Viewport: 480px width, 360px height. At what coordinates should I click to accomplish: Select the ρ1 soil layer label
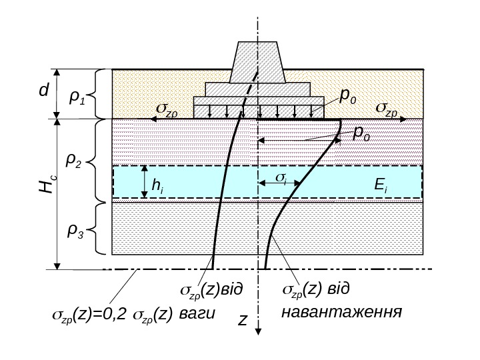tap(77, 98)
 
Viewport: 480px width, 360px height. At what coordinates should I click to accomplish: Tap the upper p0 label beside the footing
tap(349, 97)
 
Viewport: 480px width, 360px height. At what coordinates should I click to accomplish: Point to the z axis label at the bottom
tap(242, 321)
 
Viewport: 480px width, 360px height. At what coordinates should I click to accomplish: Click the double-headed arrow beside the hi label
tap(143, 182)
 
